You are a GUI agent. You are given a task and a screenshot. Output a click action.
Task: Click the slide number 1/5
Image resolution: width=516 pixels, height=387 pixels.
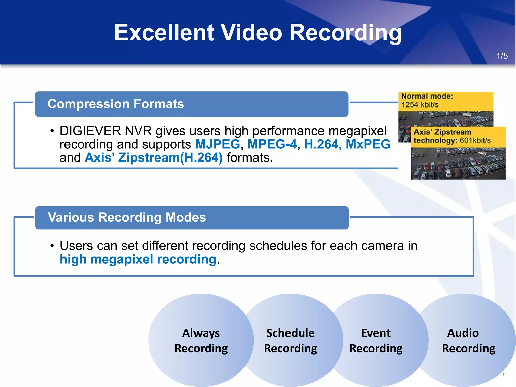502,56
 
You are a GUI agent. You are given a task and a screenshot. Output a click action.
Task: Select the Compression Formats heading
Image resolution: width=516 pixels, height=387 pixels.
116,104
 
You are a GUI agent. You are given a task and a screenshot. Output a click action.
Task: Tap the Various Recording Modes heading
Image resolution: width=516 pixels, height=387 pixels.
127,217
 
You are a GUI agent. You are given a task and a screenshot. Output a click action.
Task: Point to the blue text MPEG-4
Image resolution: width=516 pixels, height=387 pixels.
272,144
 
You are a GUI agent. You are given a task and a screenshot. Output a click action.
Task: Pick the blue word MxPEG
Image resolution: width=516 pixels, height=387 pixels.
368,144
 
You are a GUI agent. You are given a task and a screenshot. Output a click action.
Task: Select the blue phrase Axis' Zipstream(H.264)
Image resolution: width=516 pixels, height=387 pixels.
154,158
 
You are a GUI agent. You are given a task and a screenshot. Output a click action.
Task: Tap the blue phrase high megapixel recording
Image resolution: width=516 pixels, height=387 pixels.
138,259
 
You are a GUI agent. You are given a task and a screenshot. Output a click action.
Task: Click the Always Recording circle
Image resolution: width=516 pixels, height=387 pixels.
201,341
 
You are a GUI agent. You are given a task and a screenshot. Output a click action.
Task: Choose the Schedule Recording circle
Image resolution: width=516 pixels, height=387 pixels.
291,341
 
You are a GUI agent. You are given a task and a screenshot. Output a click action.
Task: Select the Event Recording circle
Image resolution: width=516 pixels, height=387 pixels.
376,341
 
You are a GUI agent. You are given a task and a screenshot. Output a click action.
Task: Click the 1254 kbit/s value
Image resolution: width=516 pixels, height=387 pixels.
420,105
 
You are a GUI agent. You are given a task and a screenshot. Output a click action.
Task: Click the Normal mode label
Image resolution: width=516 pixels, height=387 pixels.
427,96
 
